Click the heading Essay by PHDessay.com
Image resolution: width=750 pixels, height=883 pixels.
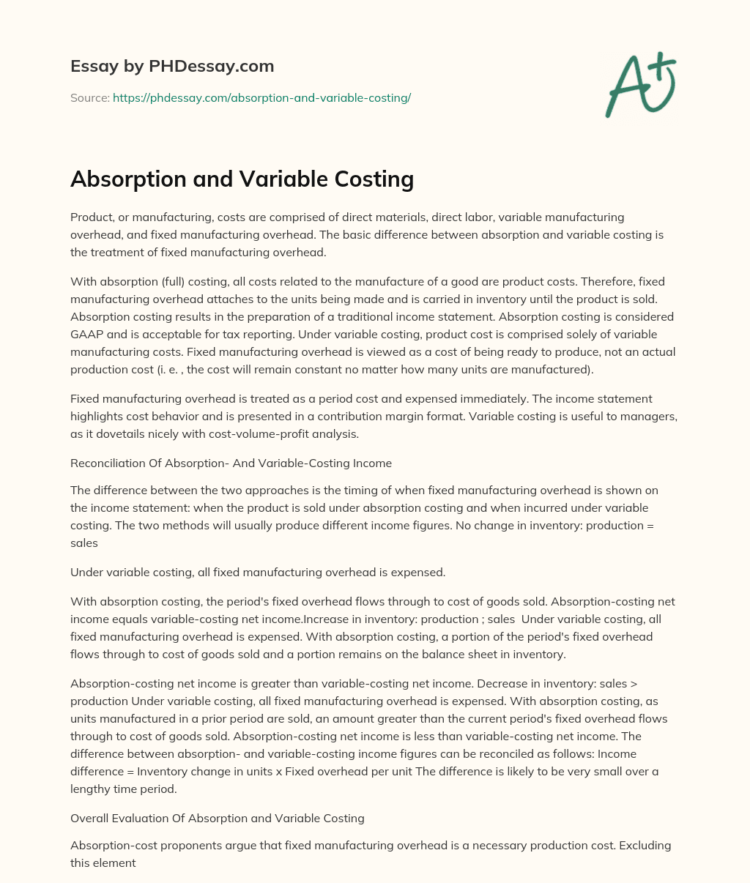tap(172, 67)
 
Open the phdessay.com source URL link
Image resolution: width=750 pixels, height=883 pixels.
tap(261, 97)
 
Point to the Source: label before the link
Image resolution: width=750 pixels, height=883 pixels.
tap(89, 97)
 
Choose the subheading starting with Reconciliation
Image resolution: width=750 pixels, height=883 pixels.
tap(231, 463)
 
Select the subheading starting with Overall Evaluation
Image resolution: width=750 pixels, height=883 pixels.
tap(218, 817)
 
